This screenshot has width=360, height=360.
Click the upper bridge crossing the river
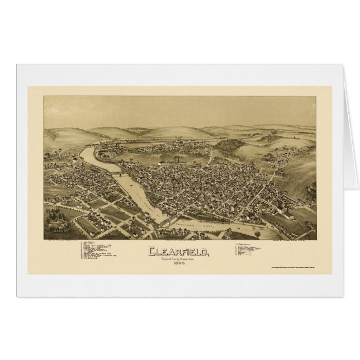(x=119, y=174)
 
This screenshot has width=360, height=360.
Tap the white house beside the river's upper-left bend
(x=75, y=159)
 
